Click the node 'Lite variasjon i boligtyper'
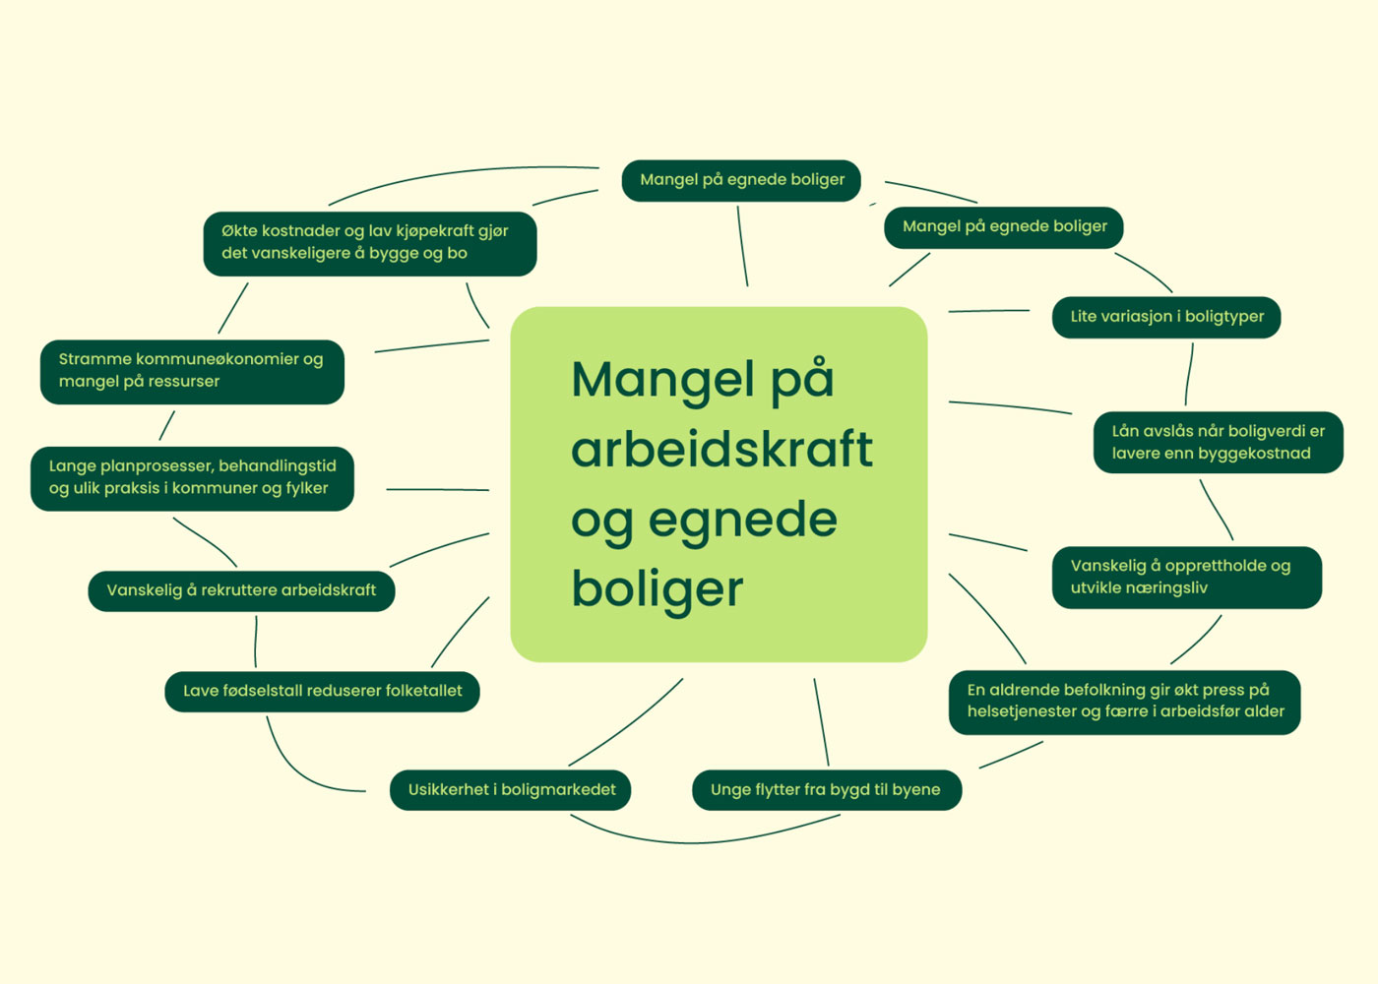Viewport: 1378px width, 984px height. coord(1166,317)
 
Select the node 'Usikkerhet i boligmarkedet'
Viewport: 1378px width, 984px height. coord(511,790)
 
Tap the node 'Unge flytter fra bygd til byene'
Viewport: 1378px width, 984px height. coord(826,790)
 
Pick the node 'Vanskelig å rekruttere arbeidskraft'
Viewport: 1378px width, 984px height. coord(241,590)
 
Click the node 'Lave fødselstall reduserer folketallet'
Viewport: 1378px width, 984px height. coord(322,691)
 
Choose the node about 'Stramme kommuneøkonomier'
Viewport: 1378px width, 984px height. coord(192,371)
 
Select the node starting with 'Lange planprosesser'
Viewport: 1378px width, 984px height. coord(192,478)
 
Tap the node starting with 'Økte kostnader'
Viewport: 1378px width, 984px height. coord(369,243)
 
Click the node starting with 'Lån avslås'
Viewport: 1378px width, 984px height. coord(1218,442)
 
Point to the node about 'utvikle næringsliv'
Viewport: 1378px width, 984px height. coord(1186,578)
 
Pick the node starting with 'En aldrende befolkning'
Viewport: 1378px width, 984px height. coord(1124,702)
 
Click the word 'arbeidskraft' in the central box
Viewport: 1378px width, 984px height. coord(721,450)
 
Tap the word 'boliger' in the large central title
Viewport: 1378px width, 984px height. coord(657,589)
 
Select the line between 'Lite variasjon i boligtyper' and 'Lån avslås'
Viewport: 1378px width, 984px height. coord(1189,374)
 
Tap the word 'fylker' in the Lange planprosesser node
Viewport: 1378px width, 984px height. coord(307,488)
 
